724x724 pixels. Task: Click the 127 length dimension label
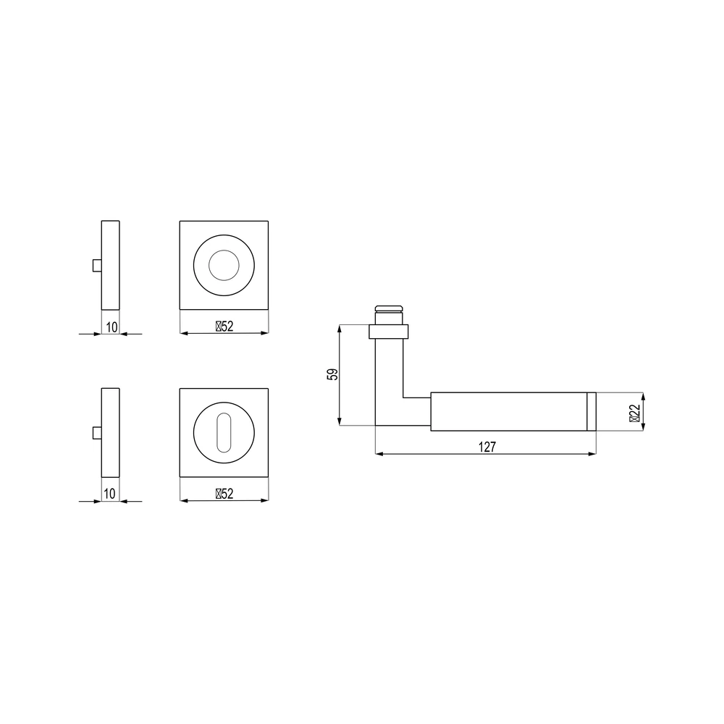pyautogui.click(x=487, y=447)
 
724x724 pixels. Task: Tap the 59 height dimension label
pyautogui.click(x=332, y=374)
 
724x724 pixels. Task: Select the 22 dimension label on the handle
pyautogui.click(x=635, y=413)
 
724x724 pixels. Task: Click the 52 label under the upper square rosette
pyautogui.click(x=224, y=327)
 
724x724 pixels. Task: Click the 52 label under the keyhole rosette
pyautogui.click(x=224, y=494)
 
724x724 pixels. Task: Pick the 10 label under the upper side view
pyautogui.click(x=111, y=327)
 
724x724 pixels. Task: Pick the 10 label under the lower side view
pyautogui.click(x=109, y=494)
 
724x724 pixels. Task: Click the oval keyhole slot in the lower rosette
pyautogui.click(x=224, y=432)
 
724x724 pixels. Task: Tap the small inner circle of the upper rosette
pyautogui.click(x=224, y=266)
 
